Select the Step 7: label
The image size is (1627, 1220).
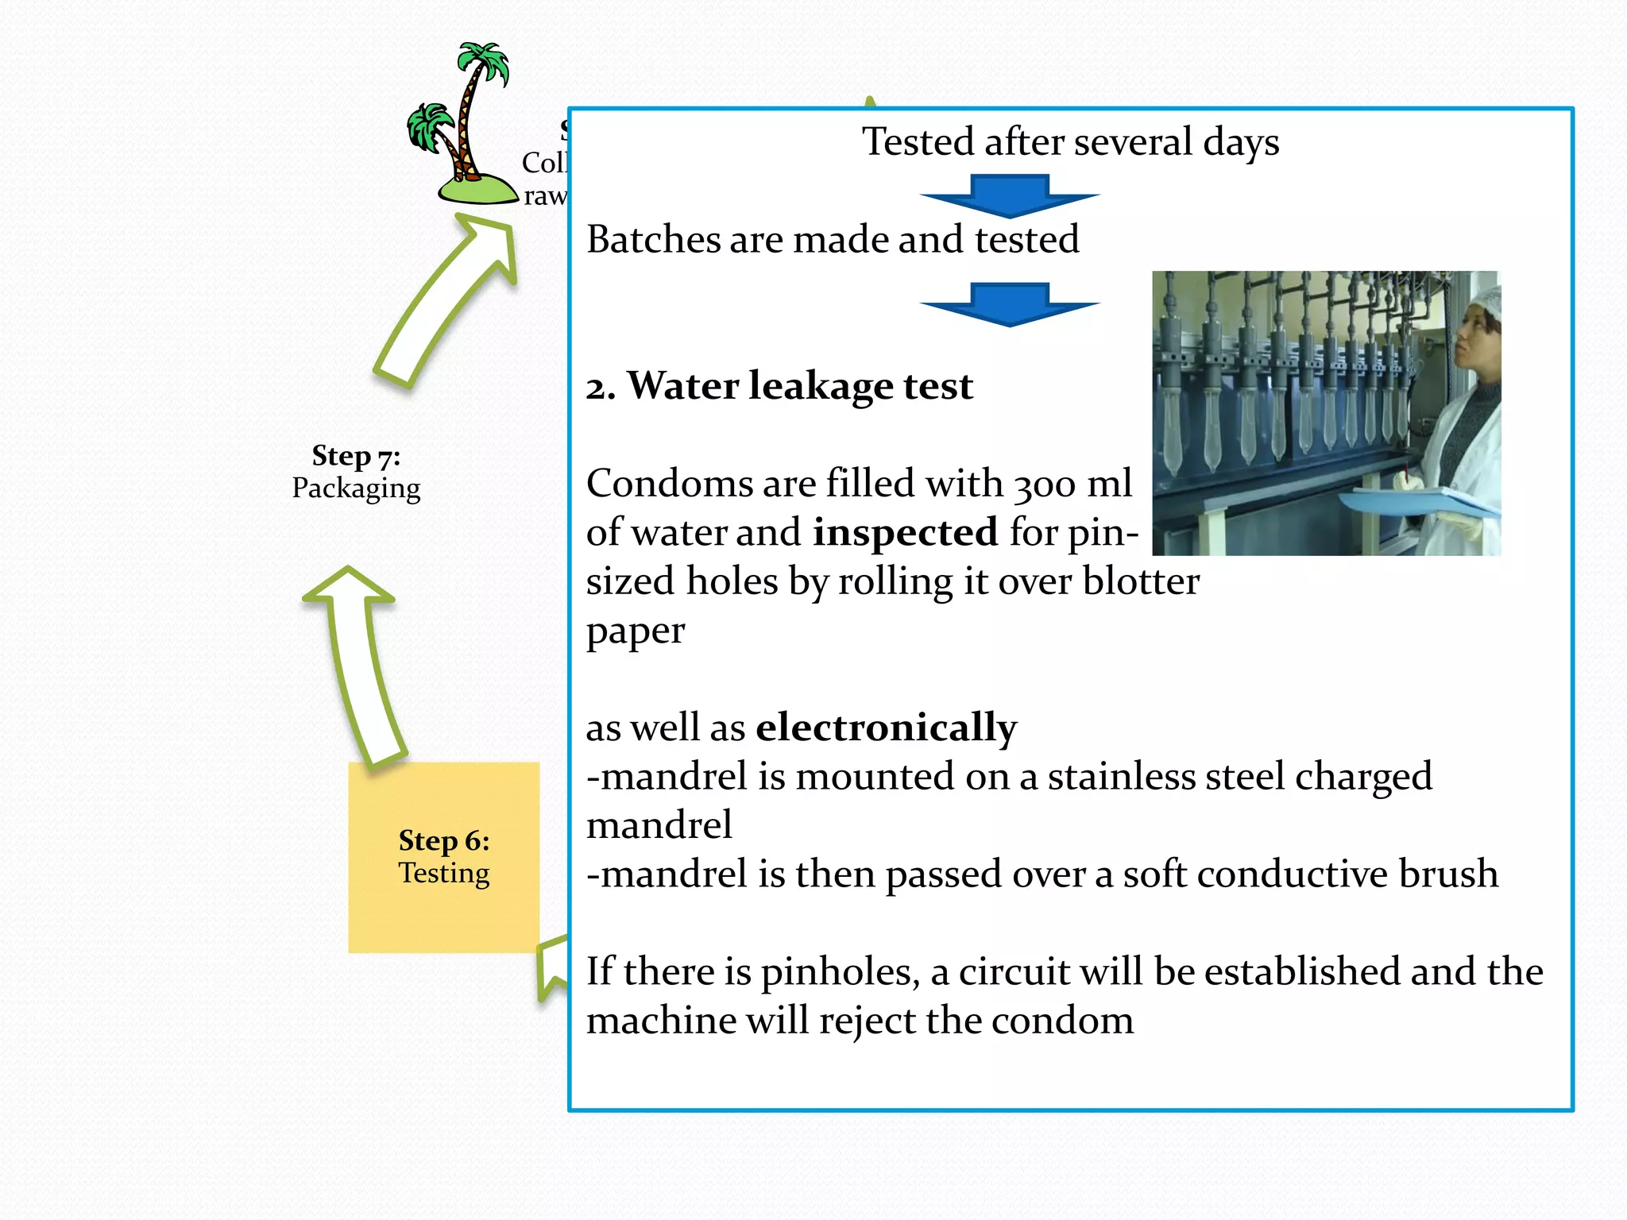click(356, 456)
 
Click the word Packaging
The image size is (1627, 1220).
click(356, 488)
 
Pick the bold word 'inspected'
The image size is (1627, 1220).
click(905, 531)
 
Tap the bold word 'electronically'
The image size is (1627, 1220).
click(886, 727)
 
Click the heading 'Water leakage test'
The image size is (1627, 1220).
click(800, 386)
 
